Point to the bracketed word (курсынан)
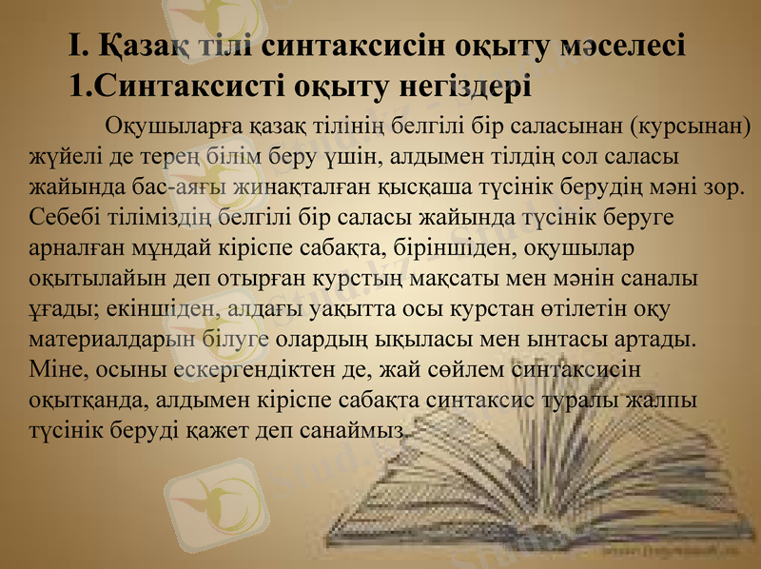click(x=691, y=126)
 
